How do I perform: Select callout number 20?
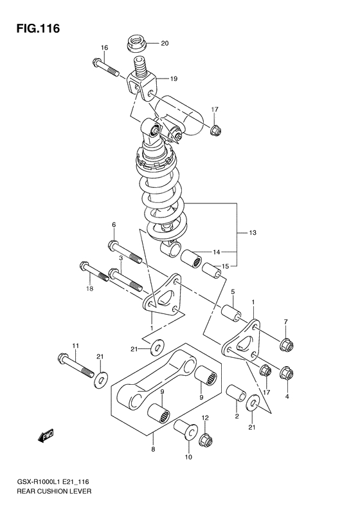(x=164, y=44)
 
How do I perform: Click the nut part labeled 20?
(x=136, y=44)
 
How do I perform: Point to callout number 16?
(x=104, y=48)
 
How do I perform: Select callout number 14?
(x=216, y=252)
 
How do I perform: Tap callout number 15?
(x=226, y=266)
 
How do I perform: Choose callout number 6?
(x=113, y=225)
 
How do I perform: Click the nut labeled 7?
(x=286, y=345)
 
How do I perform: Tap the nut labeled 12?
(x=206, y=441)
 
